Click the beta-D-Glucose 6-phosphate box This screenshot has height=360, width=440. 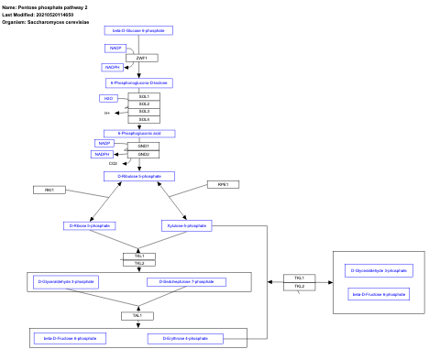click(138, 30)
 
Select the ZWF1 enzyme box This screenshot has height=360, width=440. click(141, 58)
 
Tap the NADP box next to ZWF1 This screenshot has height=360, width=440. click(115, 47)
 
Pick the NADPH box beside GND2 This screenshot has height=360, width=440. click(102, 154)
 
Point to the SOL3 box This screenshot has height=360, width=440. click(144, 112)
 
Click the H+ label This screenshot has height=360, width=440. click(107, 113)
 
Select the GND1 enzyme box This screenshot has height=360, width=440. click(144, 146)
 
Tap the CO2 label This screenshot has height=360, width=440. click(113, 163)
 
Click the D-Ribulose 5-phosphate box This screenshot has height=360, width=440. click(138, 176)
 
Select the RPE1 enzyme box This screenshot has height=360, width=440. click(223, 184)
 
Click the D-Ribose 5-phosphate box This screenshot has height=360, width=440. click(90, 225)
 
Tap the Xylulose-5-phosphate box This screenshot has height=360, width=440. click(187, 225)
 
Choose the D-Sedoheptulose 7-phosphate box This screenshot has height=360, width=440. click(186, 281)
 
